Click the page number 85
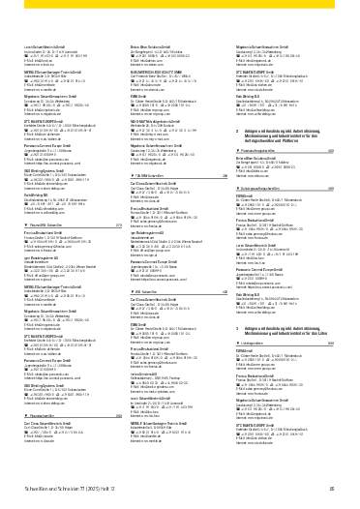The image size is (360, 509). (x=332, y=492)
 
